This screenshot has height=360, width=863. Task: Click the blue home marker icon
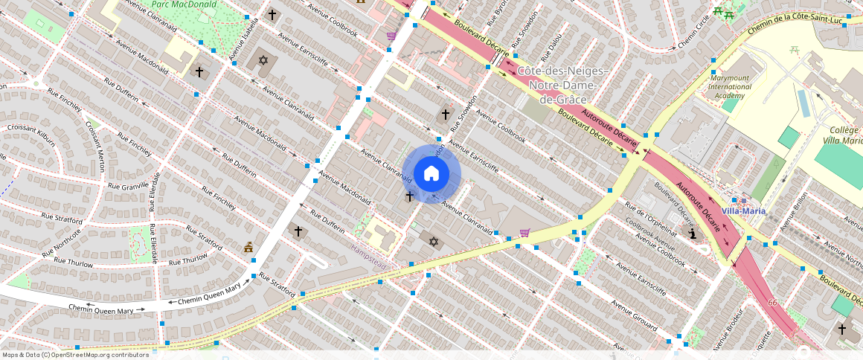(x=431, y=174)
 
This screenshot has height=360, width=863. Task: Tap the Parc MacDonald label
(x=185, y=4)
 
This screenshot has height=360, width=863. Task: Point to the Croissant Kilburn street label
(x=31, y=133)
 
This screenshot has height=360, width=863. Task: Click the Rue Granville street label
(x=128, y=186)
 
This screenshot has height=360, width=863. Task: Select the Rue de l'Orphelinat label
(x=650, y=215)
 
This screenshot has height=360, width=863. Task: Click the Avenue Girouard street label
(x=634, y=316)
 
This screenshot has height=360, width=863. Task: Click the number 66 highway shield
(x=772, y=303)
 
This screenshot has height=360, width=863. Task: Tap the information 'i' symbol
(x=693, y=234)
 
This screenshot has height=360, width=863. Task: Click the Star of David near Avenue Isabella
(x=262, y=60)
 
